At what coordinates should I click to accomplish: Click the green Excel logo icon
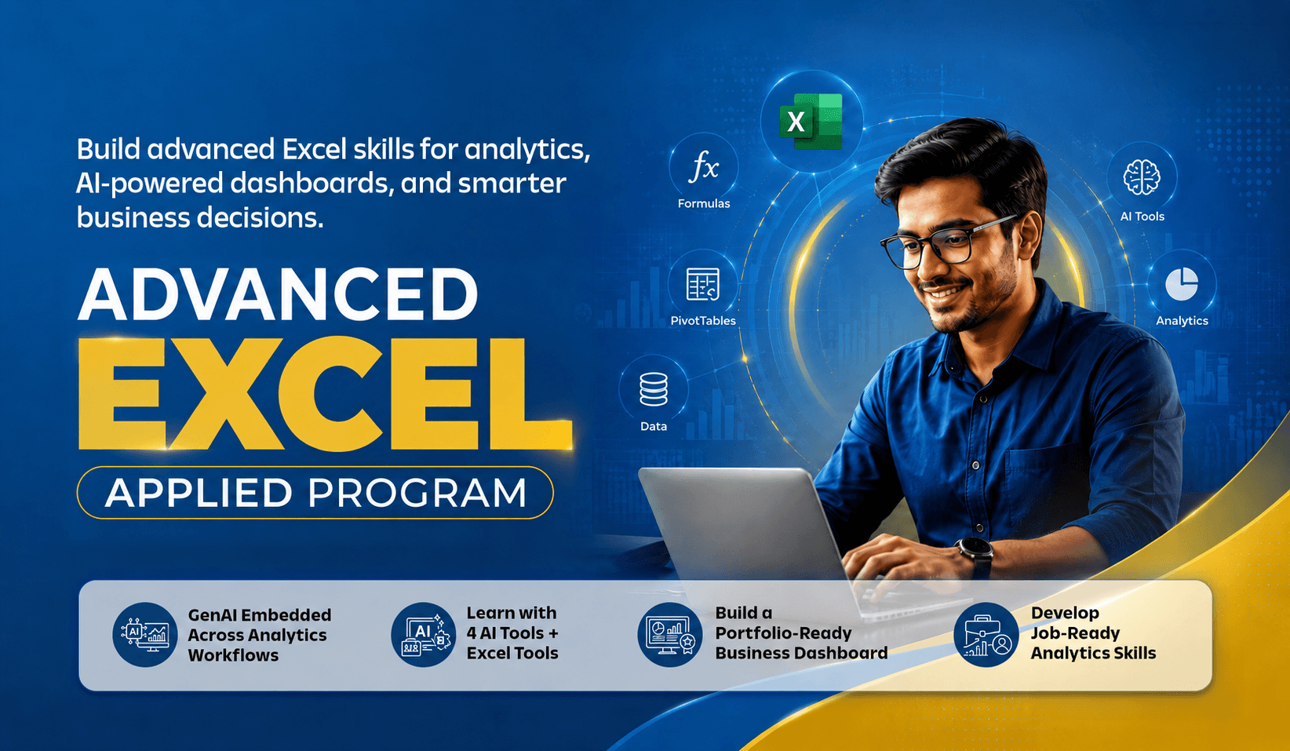pyautogui.click(x=811, y=121)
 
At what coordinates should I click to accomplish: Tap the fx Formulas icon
pyautogui.click(x=704, y=168)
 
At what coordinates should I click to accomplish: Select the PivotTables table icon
pyautogui.click(x=703, y=285)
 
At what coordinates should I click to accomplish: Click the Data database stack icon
pyautogui.click(x=654, y=389)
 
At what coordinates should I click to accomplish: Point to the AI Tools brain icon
pyautogui.click(x=1142, y=177)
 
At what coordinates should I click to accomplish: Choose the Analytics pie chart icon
pyautogui.click(x=1182, y=284)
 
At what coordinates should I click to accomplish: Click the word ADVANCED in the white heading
pyautogui.click(x=278, y=294)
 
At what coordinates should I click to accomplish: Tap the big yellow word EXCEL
pyautogui.click(x=326, y=393)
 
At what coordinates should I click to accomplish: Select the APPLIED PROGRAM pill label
pyautogui.click(x=315, y=492)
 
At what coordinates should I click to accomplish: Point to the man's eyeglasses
pyautogui.click(x=945, y=242)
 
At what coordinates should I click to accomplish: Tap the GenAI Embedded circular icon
pyautogui.click(x=144, y=635)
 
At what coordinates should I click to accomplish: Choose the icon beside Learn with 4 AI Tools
pyautogui.click(x=423, y=635)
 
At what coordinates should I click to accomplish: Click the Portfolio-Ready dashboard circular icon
pyautogui.click(x=670, y=635)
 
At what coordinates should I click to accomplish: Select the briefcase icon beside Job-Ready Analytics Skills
pyautogui.click(x=986, y=635)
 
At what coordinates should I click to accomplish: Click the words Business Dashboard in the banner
pyautogui.click(x=801, y=653)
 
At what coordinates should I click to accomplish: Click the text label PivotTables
pyautogui.click(x=703, y=321)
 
